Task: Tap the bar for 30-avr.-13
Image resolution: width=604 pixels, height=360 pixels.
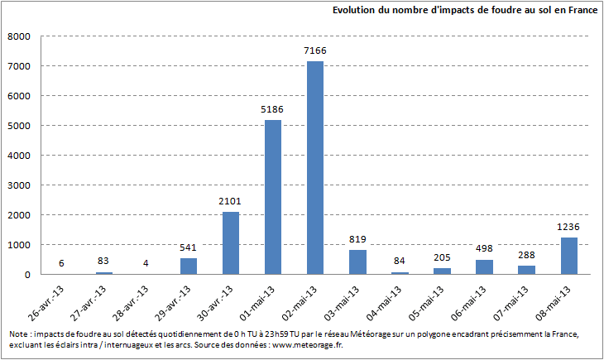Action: click(x=231, y=243)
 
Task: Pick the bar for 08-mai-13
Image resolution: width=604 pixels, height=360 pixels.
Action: click(x=568, y=256)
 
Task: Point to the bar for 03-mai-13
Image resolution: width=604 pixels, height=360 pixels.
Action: click(x=357, y=262)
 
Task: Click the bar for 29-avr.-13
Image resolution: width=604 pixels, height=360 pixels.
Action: click(x=189, y=266)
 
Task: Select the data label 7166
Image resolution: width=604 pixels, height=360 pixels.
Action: click(x=315, y=51)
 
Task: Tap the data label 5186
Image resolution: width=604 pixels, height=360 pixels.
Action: click(x=273, y=110)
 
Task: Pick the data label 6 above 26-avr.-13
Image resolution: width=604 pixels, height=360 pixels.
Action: click(x=62, y=264)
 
